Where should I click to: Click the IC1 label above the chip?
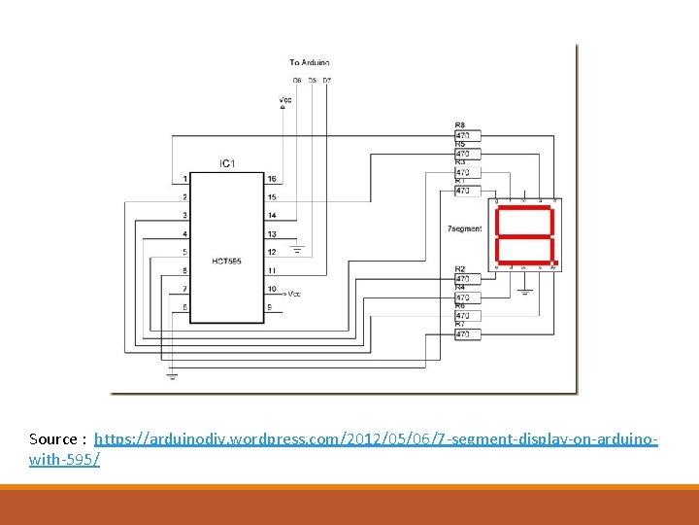click(x=227, y=162)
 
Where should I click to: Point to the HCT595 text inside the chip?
click(x=227, y=260)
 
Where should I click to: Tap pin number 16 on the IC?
click(x=272, y=179)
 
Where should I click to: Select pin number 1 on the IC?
click(x=184, y=179)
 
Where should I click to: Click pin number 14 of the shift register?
click(x=272, y=215)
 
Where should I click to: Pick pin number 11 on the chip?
click(x=272, y=270)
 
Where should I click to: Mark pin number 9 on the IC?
click(x=270, y=308)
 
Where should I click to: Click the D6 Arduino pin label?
click(x=296, y=79)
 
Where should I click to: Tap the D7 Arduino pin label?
click(x=326, y=79)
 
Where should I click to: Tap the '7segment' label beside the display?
click(x=463, y=228)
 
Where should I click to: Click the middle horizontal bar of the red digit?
click(x=524, y=236)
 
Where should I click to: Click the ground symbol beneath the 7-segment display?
click(x=524, y=290)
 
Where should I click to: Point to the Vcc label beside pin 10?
click(x=295, y=293)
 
